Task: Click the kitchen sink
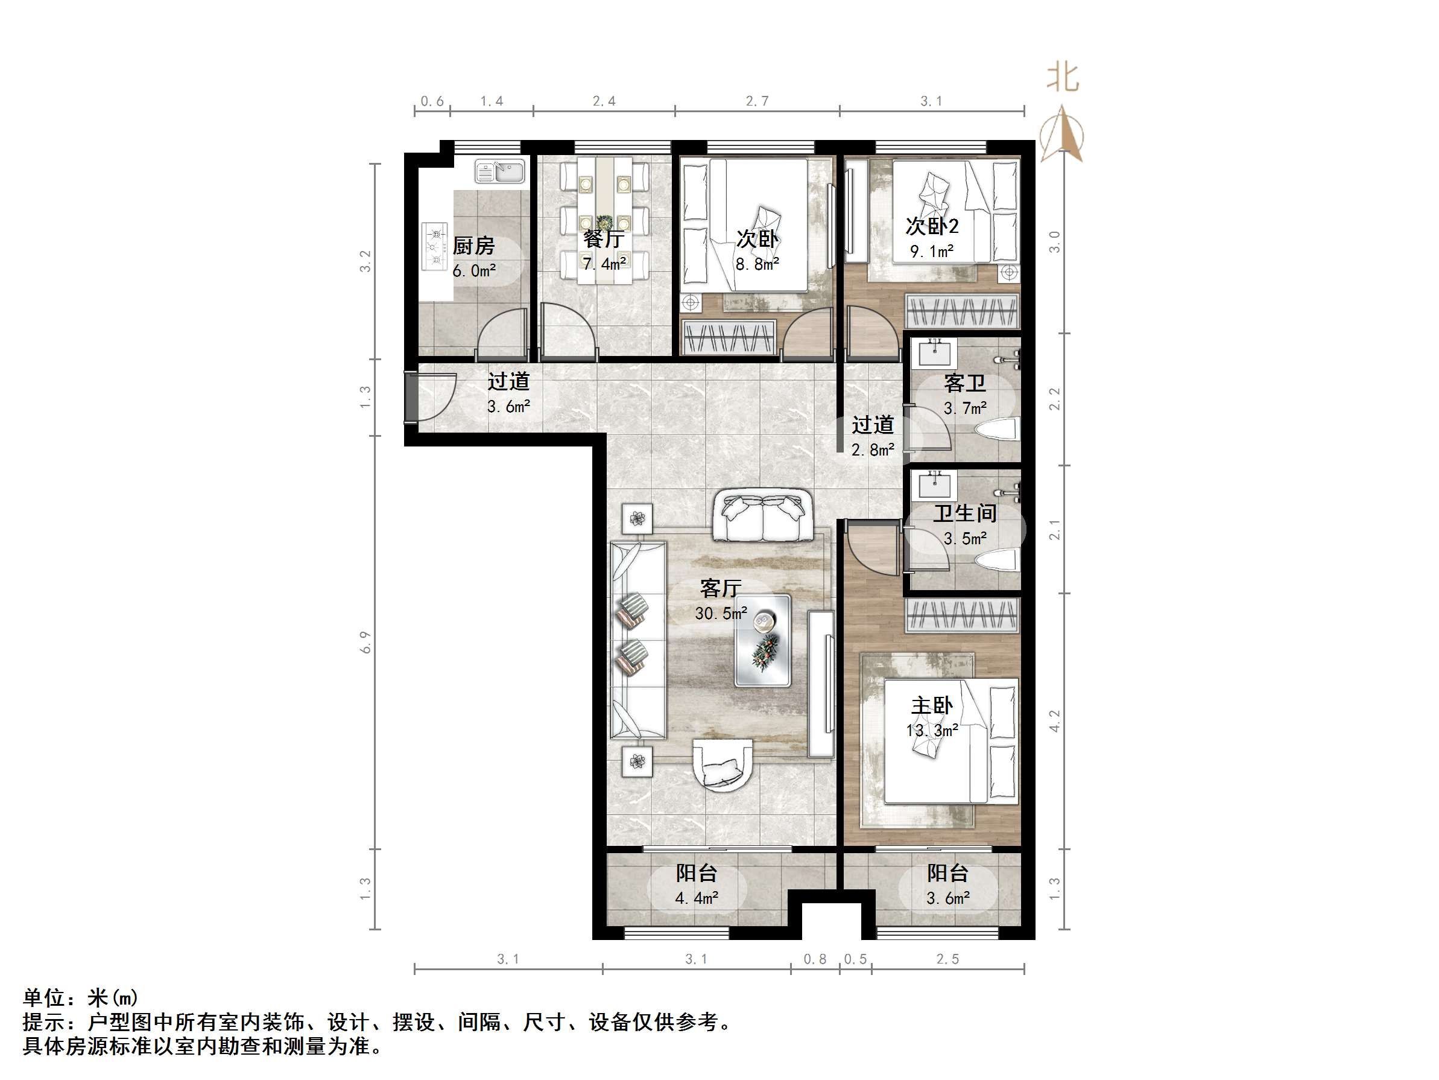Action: coord(499,171)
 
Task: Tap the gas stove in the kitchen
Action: coord(435,246)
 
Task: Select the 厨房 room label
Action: coord(473,246)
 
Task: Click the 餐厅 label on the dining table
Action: coord(604,239)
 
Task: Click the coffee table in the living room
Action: coord(762,641)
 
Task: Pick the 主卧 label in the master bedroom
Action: coord(932,706)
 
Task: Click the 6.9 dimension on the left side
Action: coord(365,642)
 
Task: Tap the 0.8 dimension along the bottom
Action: coord(814,959)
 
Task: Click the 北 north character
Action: coord(1062,77)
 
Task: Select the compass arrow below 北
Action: coord(1062,135)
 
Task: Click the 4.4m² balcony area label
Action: coord(696,898)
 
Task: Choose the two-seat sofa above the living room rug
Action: coord(762,516)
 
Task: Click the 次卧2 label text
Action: coord(932,226)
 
